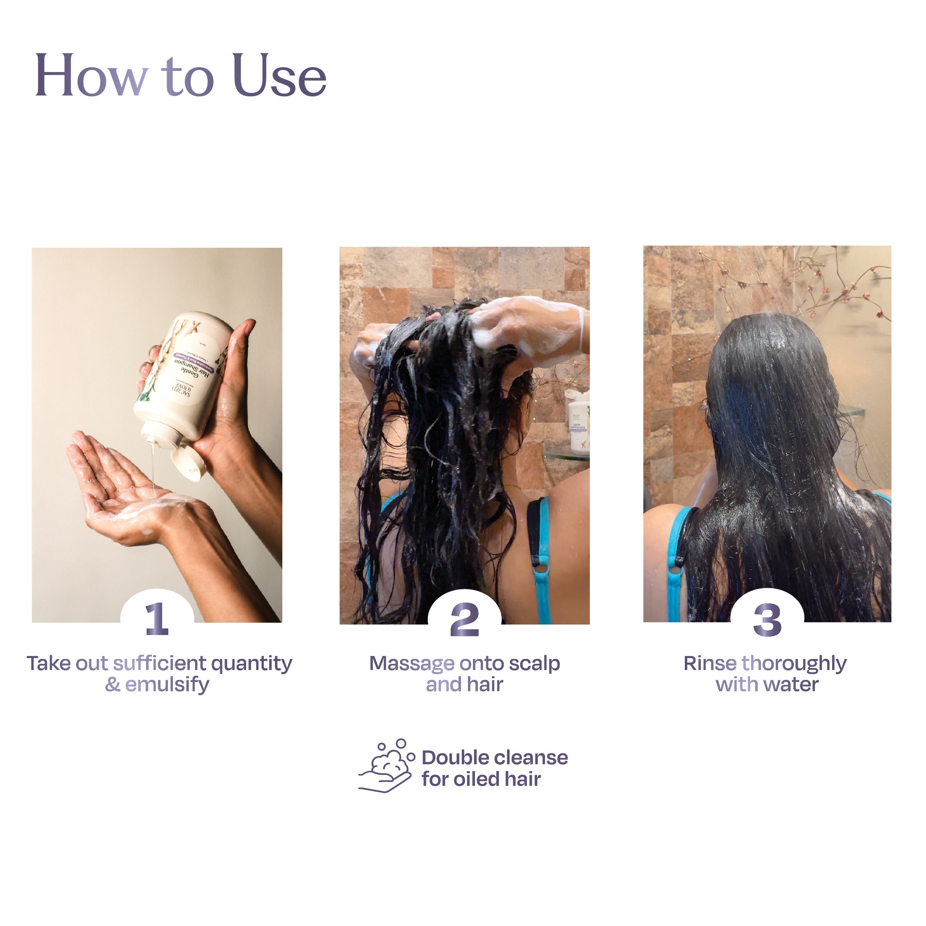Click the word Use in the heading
279,77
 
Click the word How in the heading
91,77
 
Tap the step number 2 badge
464,620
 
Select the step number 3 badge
767,620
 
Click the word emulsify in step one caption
167,685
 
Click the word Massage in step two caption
411,664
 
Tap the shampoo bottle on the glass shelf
579,422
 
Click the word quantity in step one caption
251,664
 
